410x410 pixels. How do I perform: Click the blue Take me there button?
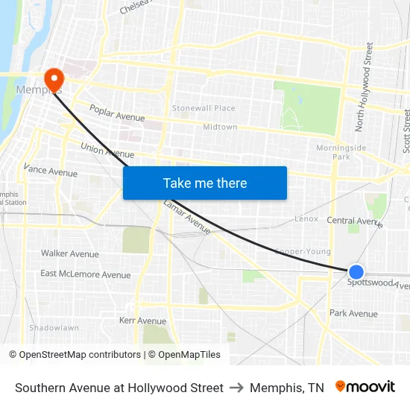click(205, 183)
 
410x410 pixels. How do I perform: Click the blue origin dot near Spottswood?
click(356, 273)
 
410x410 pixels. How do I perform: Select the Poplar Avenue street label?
click(117, 113)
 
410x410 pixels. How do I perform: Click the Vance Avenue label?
click(51, 171)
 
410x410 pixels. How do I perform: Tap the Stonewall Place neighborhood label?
click(204, 108)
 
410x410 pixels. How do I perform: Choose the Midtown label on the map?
click(220, 127)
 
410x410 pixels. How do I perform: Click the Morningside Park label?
click(341, 152)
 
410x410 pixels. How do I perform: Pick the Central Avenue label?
click(354, 221)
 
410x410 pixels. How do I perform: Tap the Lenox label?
click(306, 219)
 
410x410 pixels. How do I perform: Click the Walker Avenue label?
click(70, 253)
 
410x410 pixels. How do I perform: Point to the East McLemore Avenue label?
click(86, 274)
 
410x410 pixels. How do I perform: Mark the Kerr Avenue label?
click(142, 320)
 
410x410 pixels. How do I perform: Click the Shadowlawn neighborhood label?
click(54, 327)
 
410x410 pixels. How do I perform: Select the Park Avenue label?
click(353, 313)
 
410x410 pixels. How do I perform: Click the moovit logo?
click(365, 387)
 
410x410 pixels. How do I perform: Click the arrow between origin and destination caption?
click(236, 388)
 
